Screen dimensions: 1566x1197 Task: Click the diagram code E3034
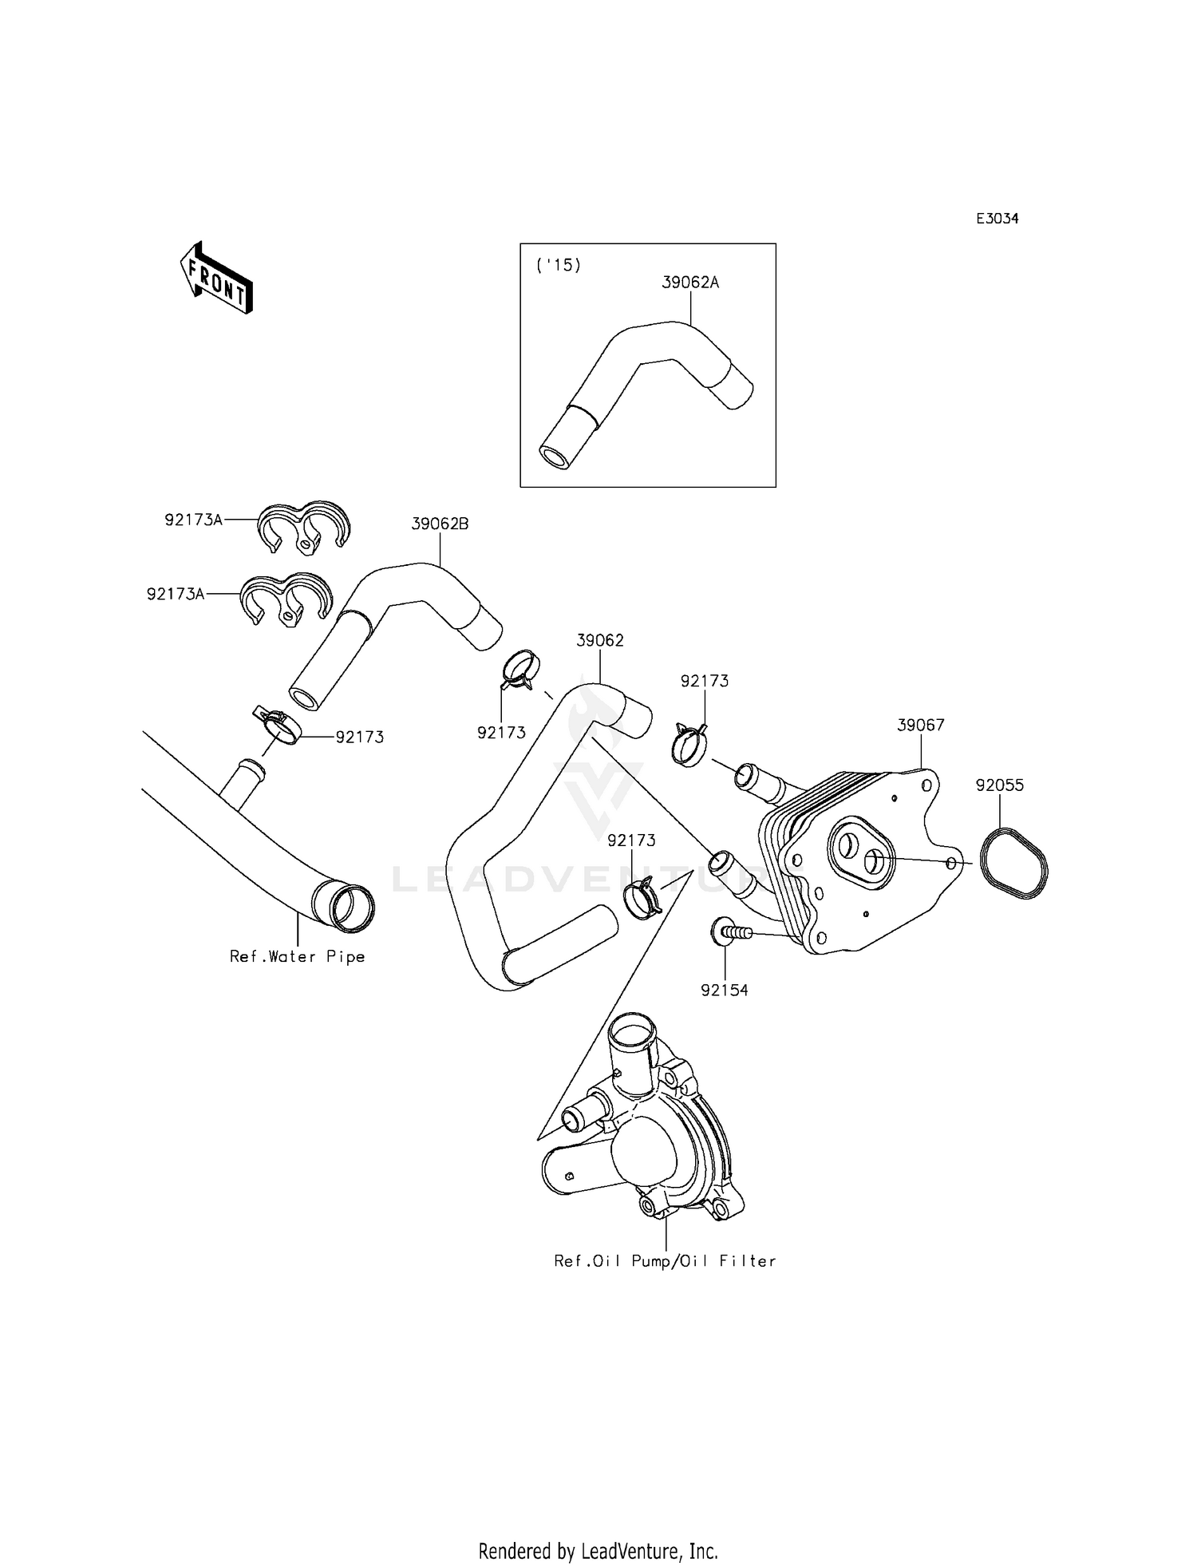point(997,219)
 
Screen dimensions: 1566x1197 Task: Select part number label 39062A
point(690,283)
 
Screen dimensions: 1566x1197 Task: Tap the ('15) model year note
point(559,266)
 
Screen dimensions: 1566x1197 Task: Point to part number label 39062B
point(440,524)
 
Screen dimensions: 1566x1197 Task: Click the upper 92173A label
point(193,520)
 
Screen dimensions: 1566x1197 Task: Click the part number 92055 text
point(999,785)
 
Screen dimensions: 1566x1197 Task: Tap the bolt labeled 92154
point(729,931)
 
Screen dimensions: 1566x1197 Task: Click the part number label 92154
point(725,991)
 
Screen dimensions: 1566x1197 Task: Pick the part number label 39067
point(920,726)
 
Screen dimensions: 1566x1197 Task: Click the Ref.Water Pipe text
point(297,957)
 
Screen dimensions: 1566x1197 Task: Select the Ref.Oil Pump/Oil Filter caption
point(665,1261)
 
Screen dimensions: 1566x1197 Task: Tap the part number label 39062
point(600,640)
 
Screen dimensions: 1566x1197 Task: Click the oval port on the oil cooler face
point(860,852)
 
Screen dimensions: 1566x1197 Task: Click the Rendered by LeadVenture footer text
point(598,1529)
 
